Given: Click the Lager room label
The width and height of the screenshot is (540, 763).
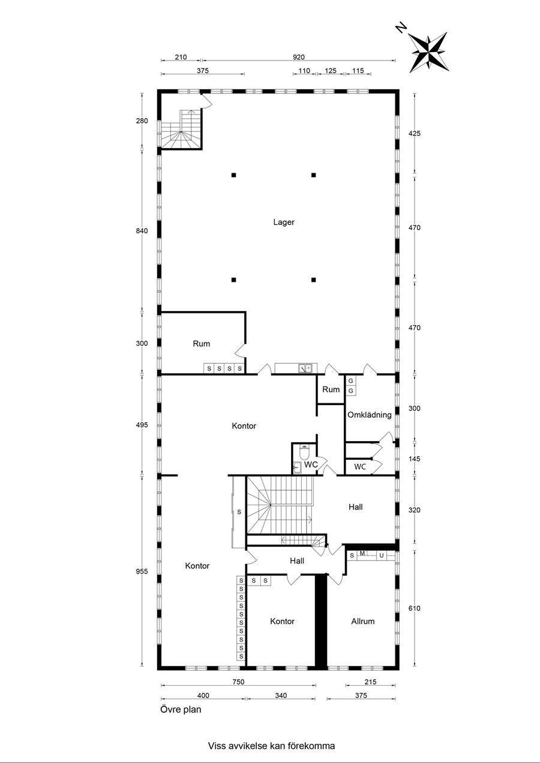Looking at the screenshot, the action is click(284, 222).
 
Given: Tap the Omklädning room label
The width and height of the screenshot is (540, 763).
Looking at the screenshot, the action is click(369, 415).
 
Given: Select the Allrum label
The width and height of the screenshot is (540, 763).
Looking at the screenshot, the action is click(363, 622).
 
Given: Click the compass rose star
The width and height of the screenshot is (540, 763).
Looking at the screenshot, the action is click(429, 52).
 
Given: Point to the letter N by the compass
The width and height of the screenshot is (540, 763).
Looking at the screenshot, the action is click(401, 27).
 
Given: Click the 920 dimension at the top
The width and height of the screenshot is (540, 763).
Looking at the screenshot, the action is click(299, 57).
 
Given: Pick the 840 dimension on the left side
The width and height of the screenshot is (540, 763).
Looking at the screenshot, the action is click(142, 231).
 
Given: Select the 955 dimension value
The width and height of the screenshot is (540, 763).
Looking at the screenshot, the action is click(142, 572).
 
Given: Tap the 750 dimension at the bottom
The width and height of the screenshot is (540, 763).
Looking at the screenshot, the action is click(238, 682).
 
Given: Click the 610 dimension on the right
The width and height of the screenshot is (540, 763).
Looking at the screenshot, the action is click(414, 608).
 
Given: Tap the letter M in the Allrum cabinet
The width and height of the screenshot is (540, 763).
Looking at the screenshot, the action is click(362, 553).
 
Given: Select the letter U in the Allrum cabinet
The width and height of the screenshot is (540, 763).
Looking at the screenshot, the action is click(382, 556).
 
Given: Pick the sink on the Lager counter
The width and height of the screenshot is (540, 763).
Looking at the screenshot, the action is click(305, 368).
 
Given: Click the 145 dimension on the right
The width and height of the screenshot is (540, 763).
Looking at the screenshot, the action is click(414, 459).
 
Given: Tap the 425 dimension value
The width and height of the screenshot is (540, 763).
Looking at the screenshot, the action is click(414, 134).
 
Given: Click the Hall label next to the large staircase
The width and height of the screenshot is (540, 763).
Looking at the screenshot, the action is click(356, 507).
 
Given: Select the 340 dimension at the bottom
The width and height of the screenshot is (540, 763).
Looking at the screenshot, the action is click(281, 695).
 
